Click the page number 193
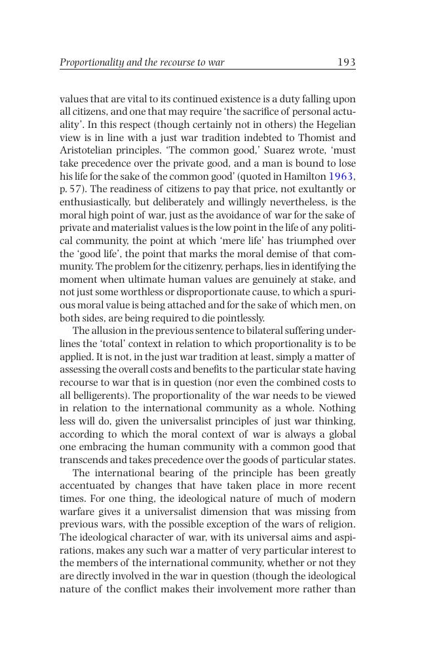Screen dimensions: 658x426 pos(346,62)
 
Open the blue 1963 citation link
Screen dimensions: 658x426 pos(341,176)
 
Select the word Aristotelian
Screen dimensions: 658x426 pos(91,151)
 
